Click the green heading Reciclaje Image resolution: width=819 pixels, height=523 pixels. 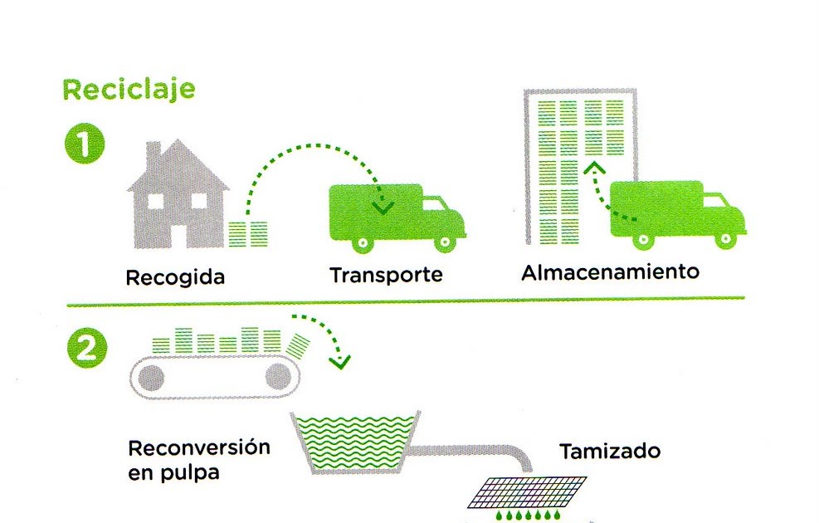[x=129, y=89]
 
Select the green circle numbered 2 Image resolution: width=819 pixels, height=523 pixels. [x=85, y=349]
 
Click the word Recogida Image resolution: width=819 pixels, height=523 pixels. [x=175, y=276]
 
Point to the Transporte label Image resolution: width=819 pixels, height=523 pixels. [x=385, y=275]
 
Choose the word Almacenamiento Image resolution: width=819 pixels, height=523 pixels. [x=610, y=272]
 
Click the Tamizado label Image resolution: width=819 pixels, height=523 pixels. [x=610, y=452]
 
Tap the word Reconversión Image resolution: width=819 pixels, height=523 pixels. [x=199, y=448]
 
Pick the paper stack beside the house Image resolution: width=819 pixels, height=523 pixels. [x=249, y=232]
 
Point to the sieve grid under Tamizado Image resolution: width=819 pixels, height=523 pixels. [x=526, y=491]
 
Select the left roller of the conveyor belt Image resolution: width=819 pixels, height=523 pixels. [x=152, y=378]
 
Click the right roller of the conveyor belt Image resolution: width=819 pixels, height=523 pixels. [x=278, y=377]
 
